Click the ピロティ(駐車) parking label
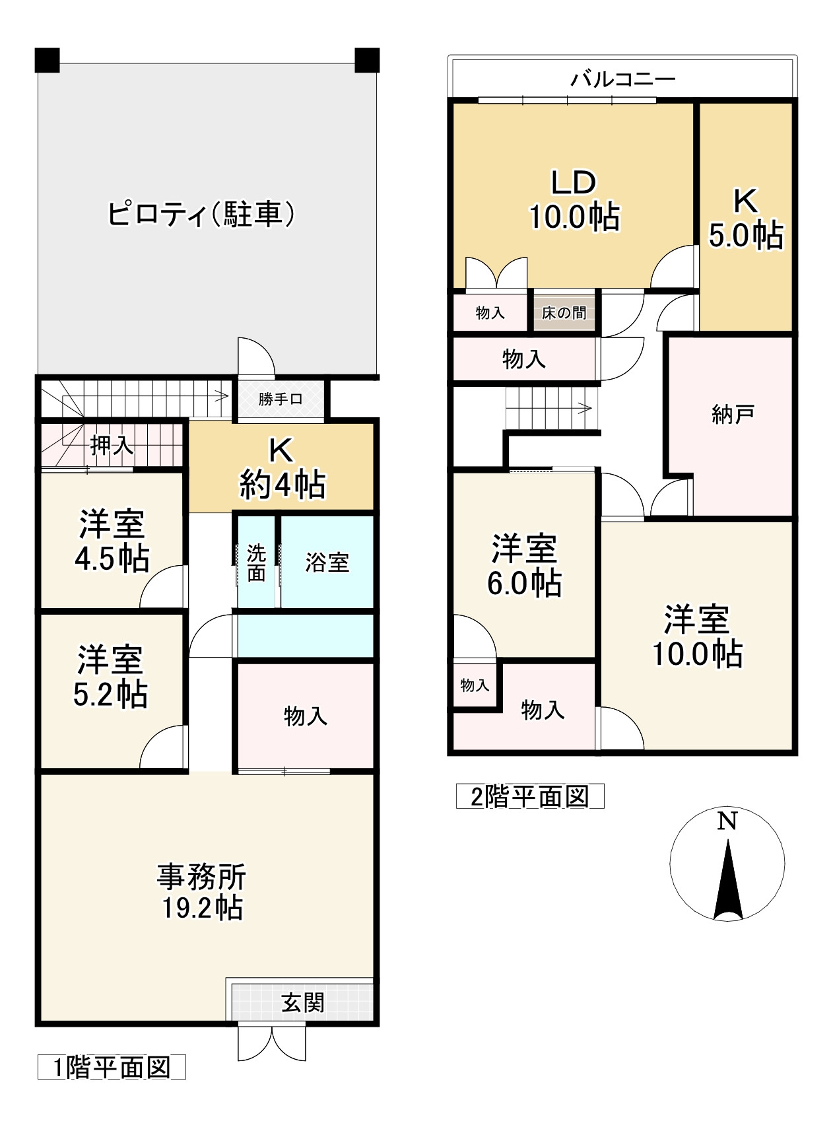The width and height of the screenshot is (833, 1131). click(x=201, y=215)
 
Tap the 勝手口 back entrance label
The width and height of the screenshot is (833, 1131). click(x=281, y=399)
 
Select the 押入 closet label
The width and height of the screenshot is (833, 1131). click(x=112, y=446)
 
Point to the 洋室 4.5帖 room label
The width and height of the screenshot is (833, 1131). click(x=112, y=541)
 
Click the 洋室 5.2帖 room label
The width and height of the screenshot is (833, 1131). click(x=110, y=676)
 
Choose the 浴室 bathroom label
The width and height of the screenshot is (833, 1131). click(x=327, y=563)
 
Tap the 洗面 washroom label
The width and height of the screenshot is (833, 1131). click(x=256, y=563)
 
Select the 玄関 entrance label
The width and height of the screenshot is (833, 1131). click(x=303, y=1003)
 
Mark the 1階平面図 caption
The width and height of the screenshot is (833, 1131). click(x=112, y=1068)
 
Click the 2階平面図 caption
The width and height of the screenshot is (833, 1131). click(x=530, y=797)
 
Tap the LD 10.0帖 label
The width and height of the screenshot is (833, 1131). click(x=574, y=200)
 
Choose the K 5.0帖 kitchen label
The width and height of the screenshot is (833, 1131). click(x=746, y=219)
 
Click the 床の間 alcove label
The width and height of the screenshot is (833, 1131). click(x=564, y=313)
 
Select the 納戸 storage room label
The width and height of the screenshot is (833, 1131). click(x=733, y=415)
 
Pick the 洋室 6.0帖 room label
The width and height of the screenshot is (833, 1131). click(x=524, y=566)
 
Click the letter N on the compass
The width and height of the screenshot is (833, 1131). click(x=727, y=821)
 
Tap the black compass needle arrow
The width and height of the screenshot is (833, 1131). click(x=728, y=881)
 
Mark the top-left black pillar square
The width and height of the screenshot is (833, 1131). click(x=48, y=60)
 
